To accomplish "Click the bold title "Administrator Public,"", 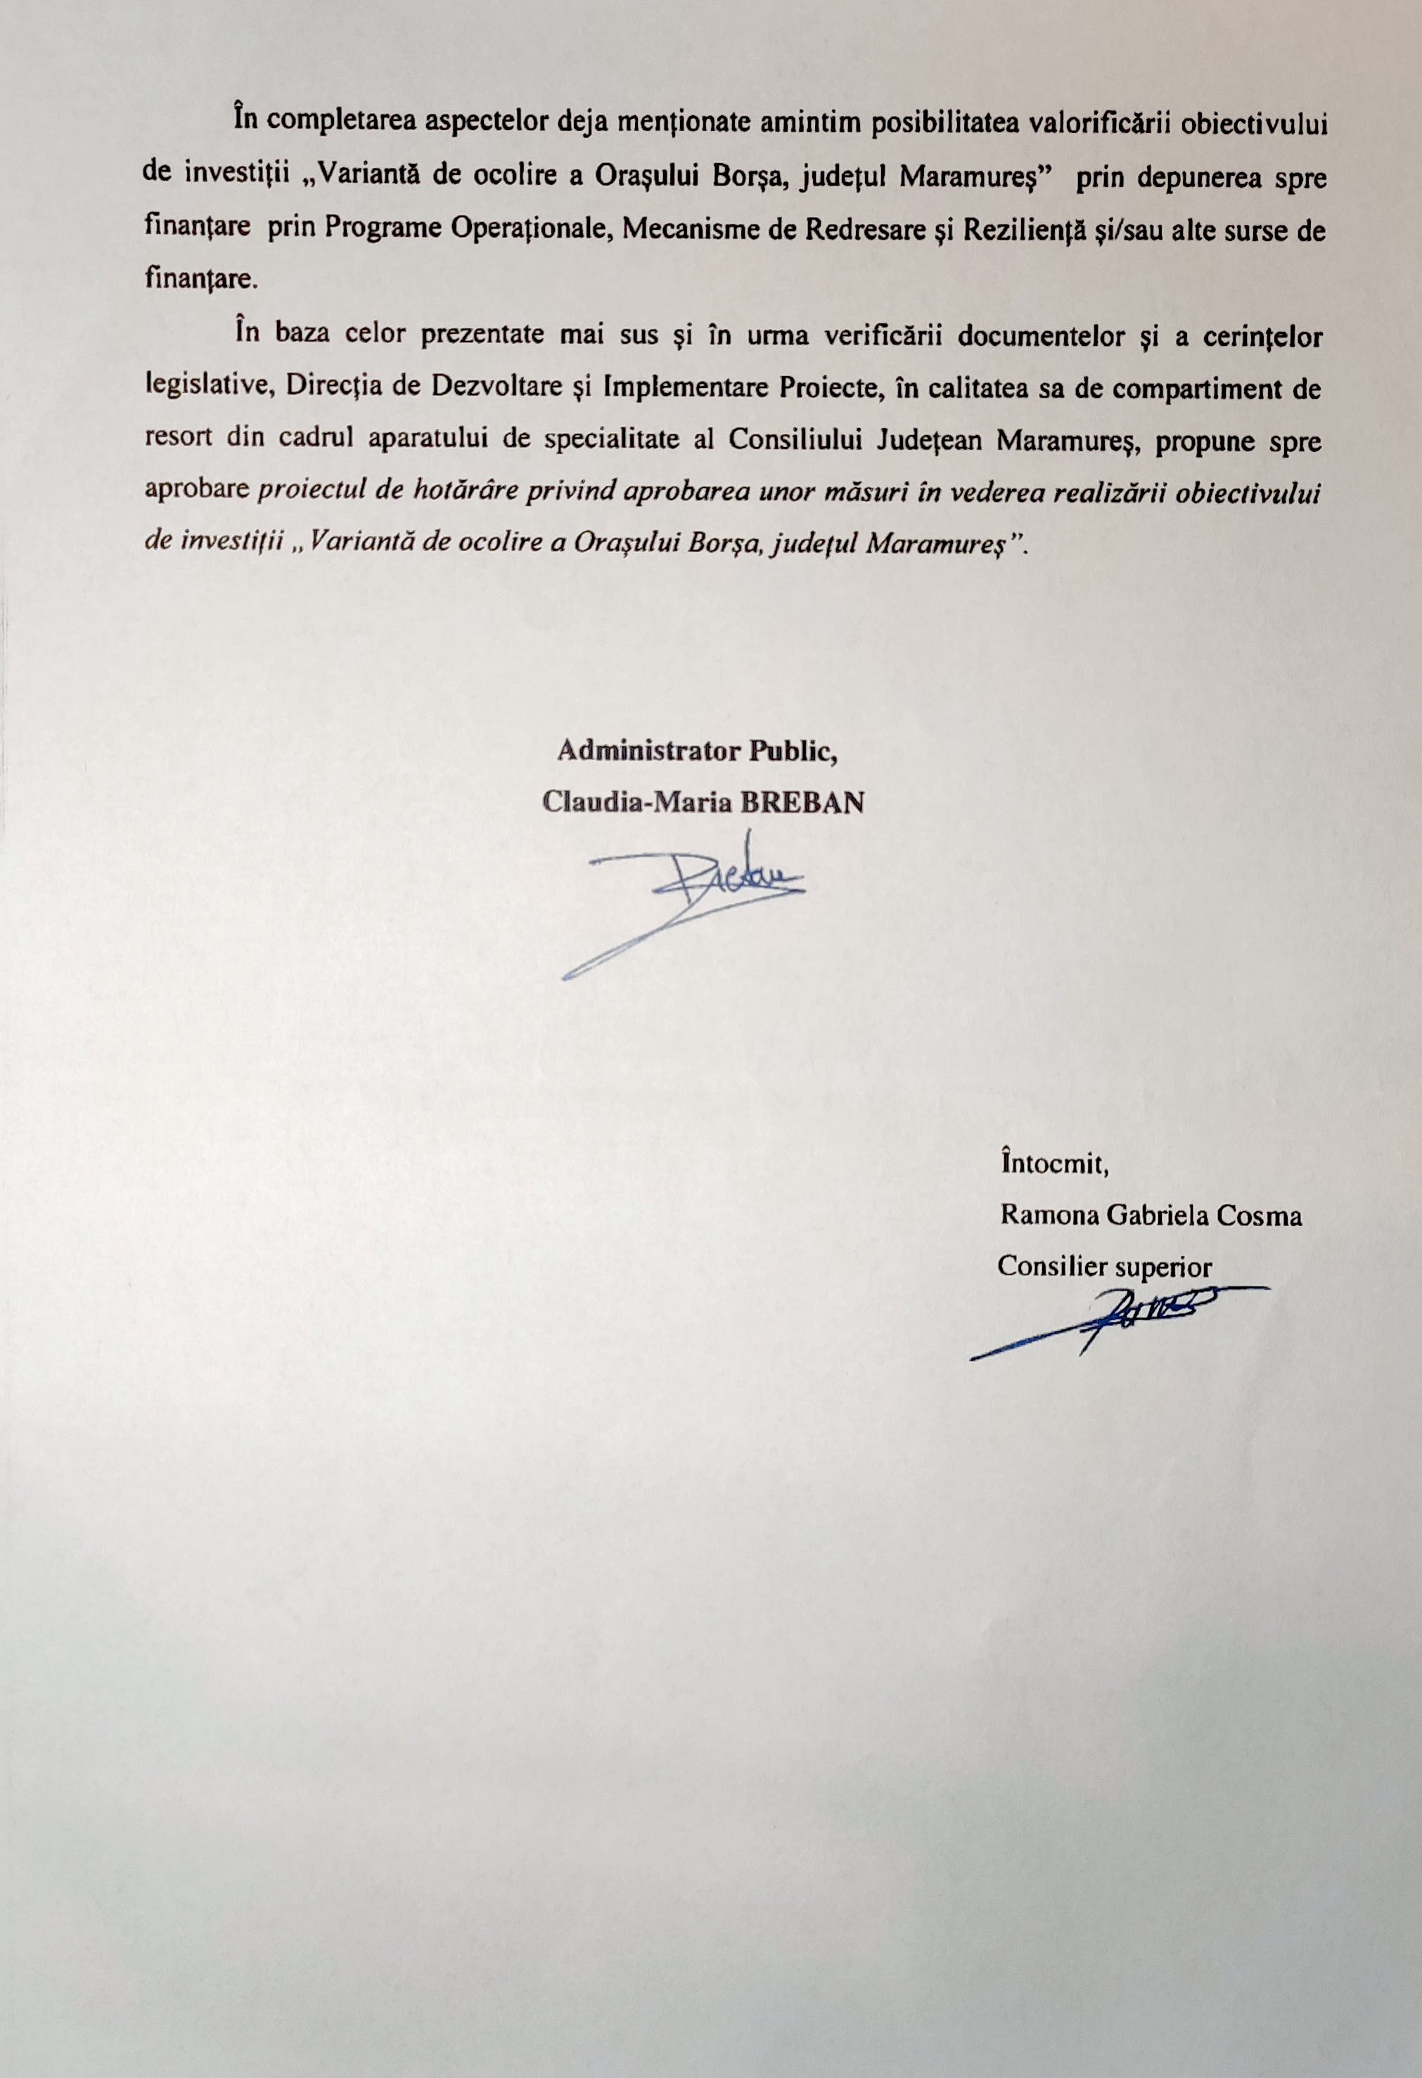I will tap(697, 751).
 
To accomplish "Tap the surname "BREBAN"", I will tap(800, 802).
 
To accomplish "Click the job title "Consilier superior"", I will tap(1105, 1267).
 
